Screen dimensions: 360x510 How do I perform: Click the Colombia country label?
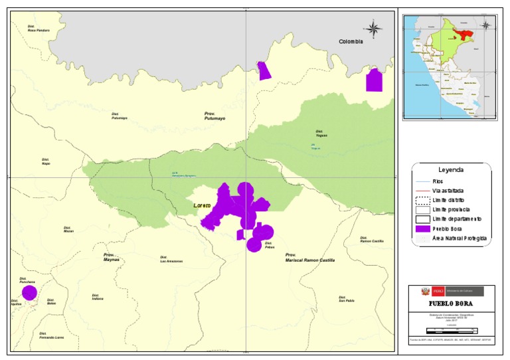[x=351, y=41]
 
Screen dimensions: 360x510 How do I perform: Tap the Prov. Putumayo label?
[x=214, y=117]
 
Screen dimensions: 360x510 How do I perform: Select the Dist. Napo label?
[x=46, y=161]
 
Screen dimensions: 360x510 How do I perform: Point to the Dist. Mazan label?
[x=68, y=230]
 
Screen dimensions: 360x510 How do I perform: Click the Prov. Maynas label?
[x=111, y=257]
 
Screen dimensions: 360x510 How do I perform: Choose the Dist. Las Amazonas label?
[x=171, y=260]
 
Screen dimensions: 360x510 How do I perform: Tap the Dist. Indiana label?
[x=98, y=298]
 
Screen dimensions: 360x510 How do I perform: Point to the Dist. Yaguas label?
[x=321, y=133]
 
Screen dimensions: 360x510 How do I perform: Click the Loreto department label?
[x=201, y=206]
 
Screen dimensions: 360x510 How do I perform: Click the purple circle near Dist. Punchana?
[x=29, y=292]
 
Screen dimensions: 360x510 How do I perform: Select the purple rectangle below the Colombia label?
[x=375, y=80]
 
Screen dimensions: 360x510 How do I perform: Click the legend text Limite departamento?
[x=456, y=219]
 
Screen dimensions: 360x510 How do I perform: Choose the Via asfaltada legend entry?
[x=447, y=190]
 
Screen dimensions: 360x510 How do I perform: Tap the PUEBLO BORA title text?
[x=451, y=304]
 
